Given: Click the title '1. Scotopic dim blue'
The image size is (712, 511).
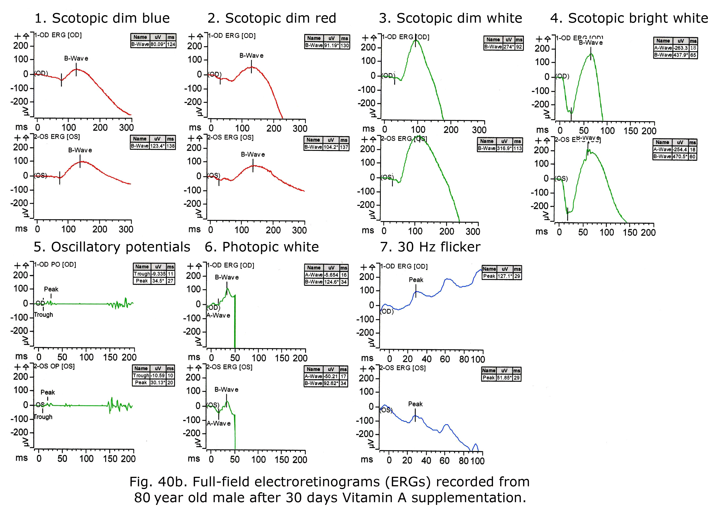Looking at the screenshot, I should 102,18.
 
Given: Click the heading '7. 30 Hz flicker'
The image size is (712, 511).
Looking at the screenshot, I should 430,247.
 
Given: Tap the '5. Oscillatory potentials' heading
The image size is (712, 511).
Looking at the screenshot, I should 112,247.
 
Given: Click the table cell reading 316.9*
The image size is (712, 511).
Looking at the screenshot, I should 505,148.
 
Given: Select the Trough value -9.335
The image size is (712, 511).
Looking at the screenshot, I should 158,274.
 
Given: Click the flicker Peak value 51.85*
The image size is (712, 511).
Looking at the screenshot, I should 504,378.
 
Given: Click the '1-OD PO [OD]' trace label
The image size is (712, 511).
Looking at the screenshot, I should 55,264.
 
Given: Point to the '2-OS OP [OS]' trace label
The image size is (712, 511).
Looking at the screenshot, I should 54,366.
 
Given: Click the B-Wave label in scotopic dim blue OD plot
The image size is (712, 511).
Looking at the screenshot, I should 76,58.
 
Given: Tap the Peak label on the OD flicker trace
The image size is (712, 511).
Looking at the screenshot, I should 416,280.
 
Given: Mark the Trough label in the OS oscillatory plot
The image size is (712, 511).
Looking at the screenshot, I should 43,417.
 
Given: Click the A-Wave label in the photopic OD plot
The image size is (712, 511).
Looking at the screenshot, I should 219,315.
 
